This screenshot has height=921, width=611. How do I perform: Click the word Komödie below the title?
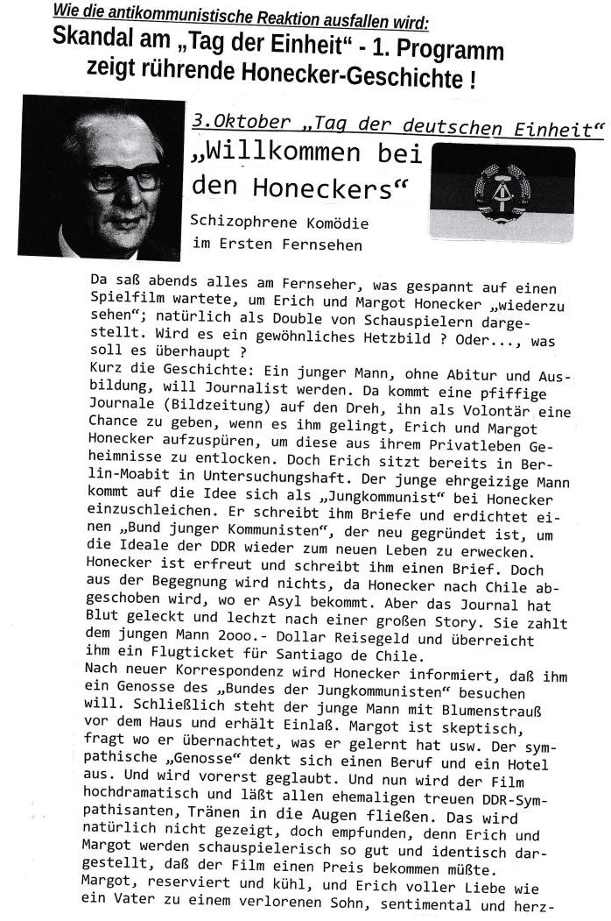(x=329, y=223)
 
